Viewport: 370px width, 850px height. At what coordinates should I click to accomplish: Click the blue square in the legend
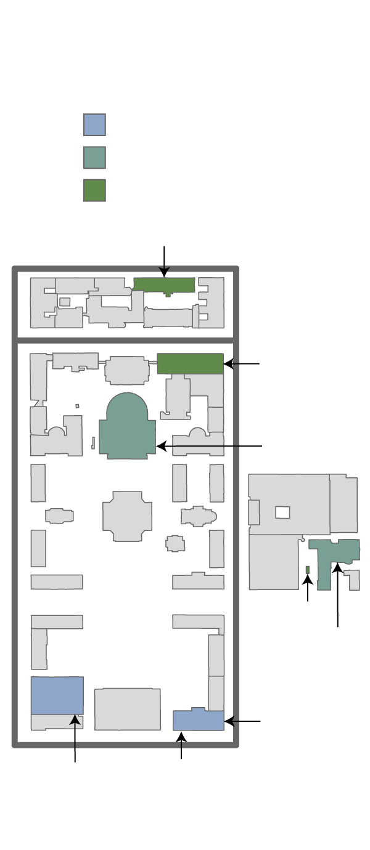point(94,124)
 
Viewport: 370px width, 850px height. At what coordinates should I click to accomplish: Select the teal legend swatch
point(94,157)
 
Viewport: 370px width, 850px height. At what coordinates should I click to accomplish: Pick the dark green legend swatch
point(94,190)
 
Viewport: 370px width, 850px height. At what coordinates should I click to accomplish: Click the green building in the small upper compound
point(164,285)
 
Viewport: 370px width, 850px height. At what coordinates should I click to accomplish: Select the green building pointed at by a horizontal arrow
point(190,363)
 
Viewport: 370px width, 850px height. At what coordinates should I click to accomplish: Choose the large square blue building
point(57,695)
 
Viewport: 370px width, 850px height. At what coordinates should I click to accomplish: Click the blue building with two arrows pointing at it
point(198,720)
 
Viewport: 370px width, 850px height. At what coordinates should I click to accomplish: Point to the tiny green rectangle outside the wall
point(308,569)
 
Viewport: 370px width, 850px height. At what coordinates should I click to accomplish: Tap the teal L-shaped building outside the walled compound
point(325,561)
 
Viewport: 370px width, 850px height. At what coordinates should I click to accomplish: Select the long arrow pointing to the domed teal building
point(210,446)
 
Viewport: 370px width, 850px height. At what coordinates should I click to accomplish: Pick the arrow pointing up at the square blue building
point(75,739)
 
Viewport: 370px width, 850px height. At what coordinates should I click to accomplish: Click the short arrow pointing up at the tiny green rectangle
point(308,588)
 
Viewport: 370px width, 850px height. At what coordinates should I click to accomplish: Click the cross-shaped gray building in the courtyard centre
point(127,516)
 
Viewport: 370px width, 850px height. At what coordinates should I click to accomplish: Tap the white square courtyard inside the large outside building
point(282,512)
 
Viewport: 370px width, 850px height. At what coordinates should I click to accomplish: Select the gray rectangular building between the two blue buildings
point(127,709)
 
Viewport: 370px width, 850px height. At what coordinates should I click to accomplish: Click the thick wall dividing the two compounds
point(126,340)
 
